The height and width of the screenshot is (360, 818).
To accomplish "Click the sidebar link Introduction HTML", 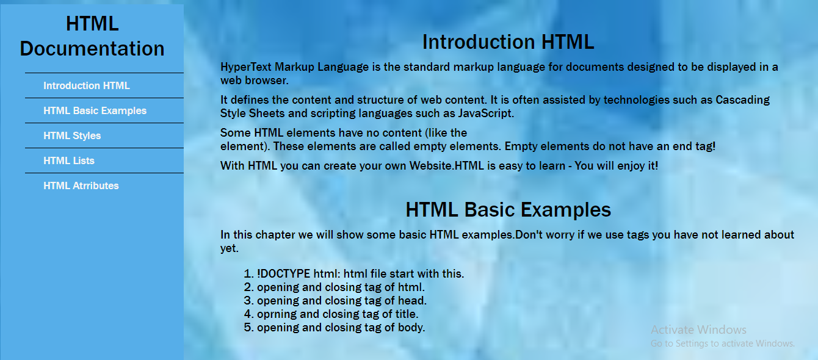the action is pos(87,85).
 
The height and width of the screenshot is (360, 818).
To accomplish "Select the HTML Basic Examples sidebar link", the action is pos(95,110).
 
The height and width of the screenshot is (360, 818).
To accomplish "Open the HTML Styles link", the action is pos(72,136).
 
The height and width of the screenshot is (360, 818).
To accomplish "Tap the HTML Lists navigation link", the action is pos(69,160).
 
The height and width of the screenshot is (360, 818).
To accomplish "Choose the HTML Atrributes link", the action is pos(81,186).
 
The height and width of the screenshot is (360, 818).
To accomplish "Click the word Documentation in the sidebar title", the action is pos(92,49).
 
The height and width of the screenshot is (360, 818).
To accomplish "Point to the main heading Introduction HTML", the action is pos(508,41).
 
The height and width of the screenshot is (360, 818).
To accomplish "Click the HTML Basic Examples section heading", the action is pos(508,210).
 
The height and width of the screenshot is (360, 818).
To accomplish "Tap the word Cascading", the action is pos(742,100).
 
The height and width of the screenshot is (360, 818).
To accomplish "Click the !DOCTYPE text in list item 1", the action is pos(283,274).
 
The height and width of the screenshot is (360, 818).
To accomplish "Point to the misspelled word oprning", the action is pos(277,314).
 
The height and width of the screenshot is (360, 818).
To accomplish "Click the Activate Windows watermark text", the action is pos(698,329).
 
